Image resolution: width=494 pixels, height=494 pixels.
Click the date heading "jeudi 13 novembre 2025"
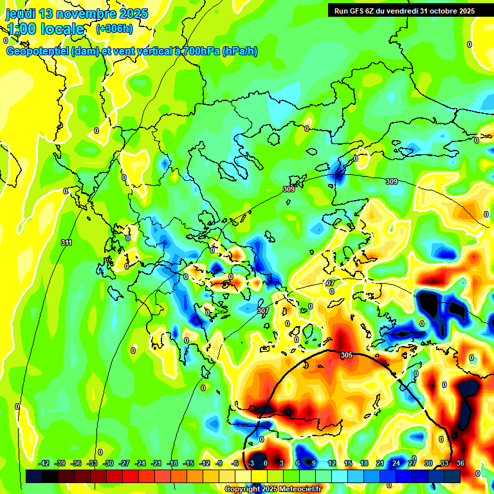point(77,14)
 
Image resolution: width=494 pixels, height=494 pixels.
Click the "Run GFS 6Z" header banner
point(403,10)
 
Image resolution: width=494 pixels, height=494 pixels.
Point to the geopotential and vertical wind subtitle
point(131,51)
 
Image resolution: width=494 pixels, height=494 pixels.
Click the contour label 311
point(66,242)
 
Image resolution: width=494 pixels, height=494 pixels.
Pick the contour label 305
point(346,355)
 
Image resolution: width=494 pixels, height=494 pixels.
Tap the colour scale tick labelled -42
point(44,463)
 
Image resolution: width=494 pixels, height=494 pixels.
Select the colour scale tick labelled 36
point(461,463)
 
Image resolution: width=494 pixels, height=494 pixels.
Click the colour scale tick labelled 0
point(266,463)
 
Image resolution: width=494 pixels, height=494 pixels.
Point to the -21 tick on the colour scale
point(156,463)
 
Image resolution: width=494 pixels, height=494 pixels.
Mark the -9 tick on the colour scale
point(219,463)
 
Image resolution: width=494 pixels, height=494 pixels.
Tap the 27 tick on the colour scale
point(412,463)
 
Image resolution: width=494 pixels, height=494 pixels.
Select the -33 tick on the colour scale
point(92,463)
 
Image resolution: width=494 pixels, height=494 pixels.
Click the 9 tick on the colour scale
point(314,463)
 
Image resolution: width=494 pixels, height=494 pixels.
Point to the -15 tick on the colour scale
point(188,463)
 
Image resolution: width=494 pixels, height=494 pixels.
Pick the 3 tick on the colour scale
point(282,463)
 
